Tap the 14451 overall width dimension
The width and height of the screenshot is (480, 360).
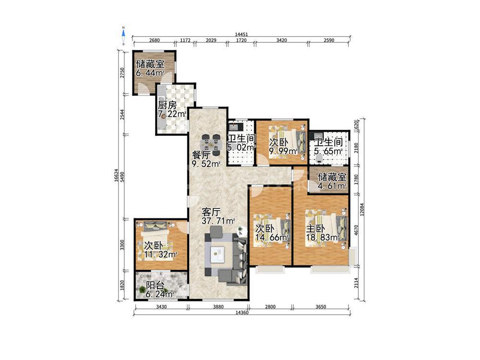[x=241, y=35]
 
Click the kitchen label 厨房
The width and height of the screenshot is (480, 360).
[x=168, y=106]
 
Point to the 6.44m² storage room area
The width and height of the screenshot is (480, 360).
[x=150, y=73]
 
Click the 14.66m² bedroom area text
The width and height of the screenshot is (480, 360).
[x=272, y=237]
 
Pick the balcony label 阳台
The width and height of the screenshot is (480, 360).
[x=155, y=286]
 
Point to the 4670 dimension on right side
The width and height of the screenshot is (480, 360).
[x=356, y=230]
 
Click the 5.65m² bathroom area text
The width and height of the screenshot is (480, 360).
[x=328, y=151]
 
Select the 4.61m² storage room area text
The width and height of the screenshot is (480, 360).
[x=333, y=186]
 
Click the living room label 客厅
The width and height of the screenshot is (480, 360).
[x=211, y=212]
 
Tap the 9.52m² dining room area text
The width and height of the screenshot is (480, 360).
[x=206, y=164]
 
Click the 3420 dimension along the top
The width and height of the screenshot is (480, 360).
[x=282, y=40]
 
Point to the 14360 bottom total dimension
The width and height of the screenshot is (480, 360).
[x=242, y=313]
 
